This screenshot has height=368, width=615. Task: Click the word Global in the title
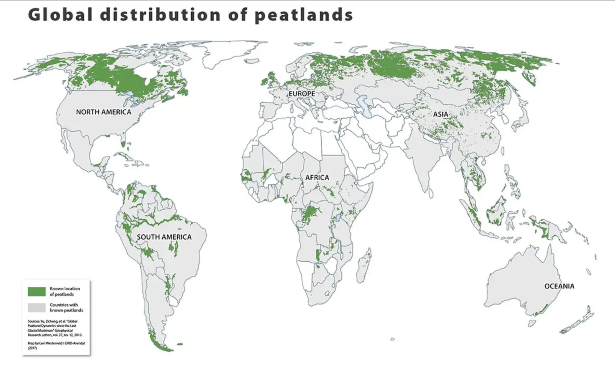pos(60,15)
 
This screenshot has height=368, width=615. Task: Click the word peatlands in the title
pos(304,15)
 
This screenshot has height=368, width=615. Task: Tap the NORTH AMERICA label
pos(103,112)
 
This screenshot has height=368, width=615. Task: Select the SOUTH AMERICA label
pos(164,237)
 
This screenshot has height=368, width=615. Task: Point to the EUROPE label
pos(301,94)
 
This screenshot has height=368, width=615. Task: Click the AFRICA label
pos(317,178)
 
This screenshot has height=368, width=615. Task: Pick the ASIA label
pos(440,114)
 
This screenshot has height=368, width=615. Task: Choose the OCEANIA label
pos(559,286)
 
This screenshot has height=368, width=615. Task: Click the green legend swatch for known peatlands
pos(37,291)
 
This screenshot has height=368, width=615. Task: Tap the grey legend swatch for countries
pos(37,307)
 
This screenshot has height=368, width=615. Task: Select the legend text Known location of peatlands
pos(65,291)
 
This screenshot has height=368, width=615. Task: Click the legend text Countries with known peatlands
pos(66,307)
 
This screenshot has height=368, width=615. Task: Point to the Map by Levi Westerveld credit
pos(56,345)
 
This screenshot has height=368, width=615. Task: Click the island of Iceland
pos(252,61)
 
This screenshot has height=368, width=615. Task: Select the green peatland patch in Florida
pos(123,144)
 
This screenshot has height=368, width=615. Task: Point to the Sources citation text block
pos(55,328)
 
